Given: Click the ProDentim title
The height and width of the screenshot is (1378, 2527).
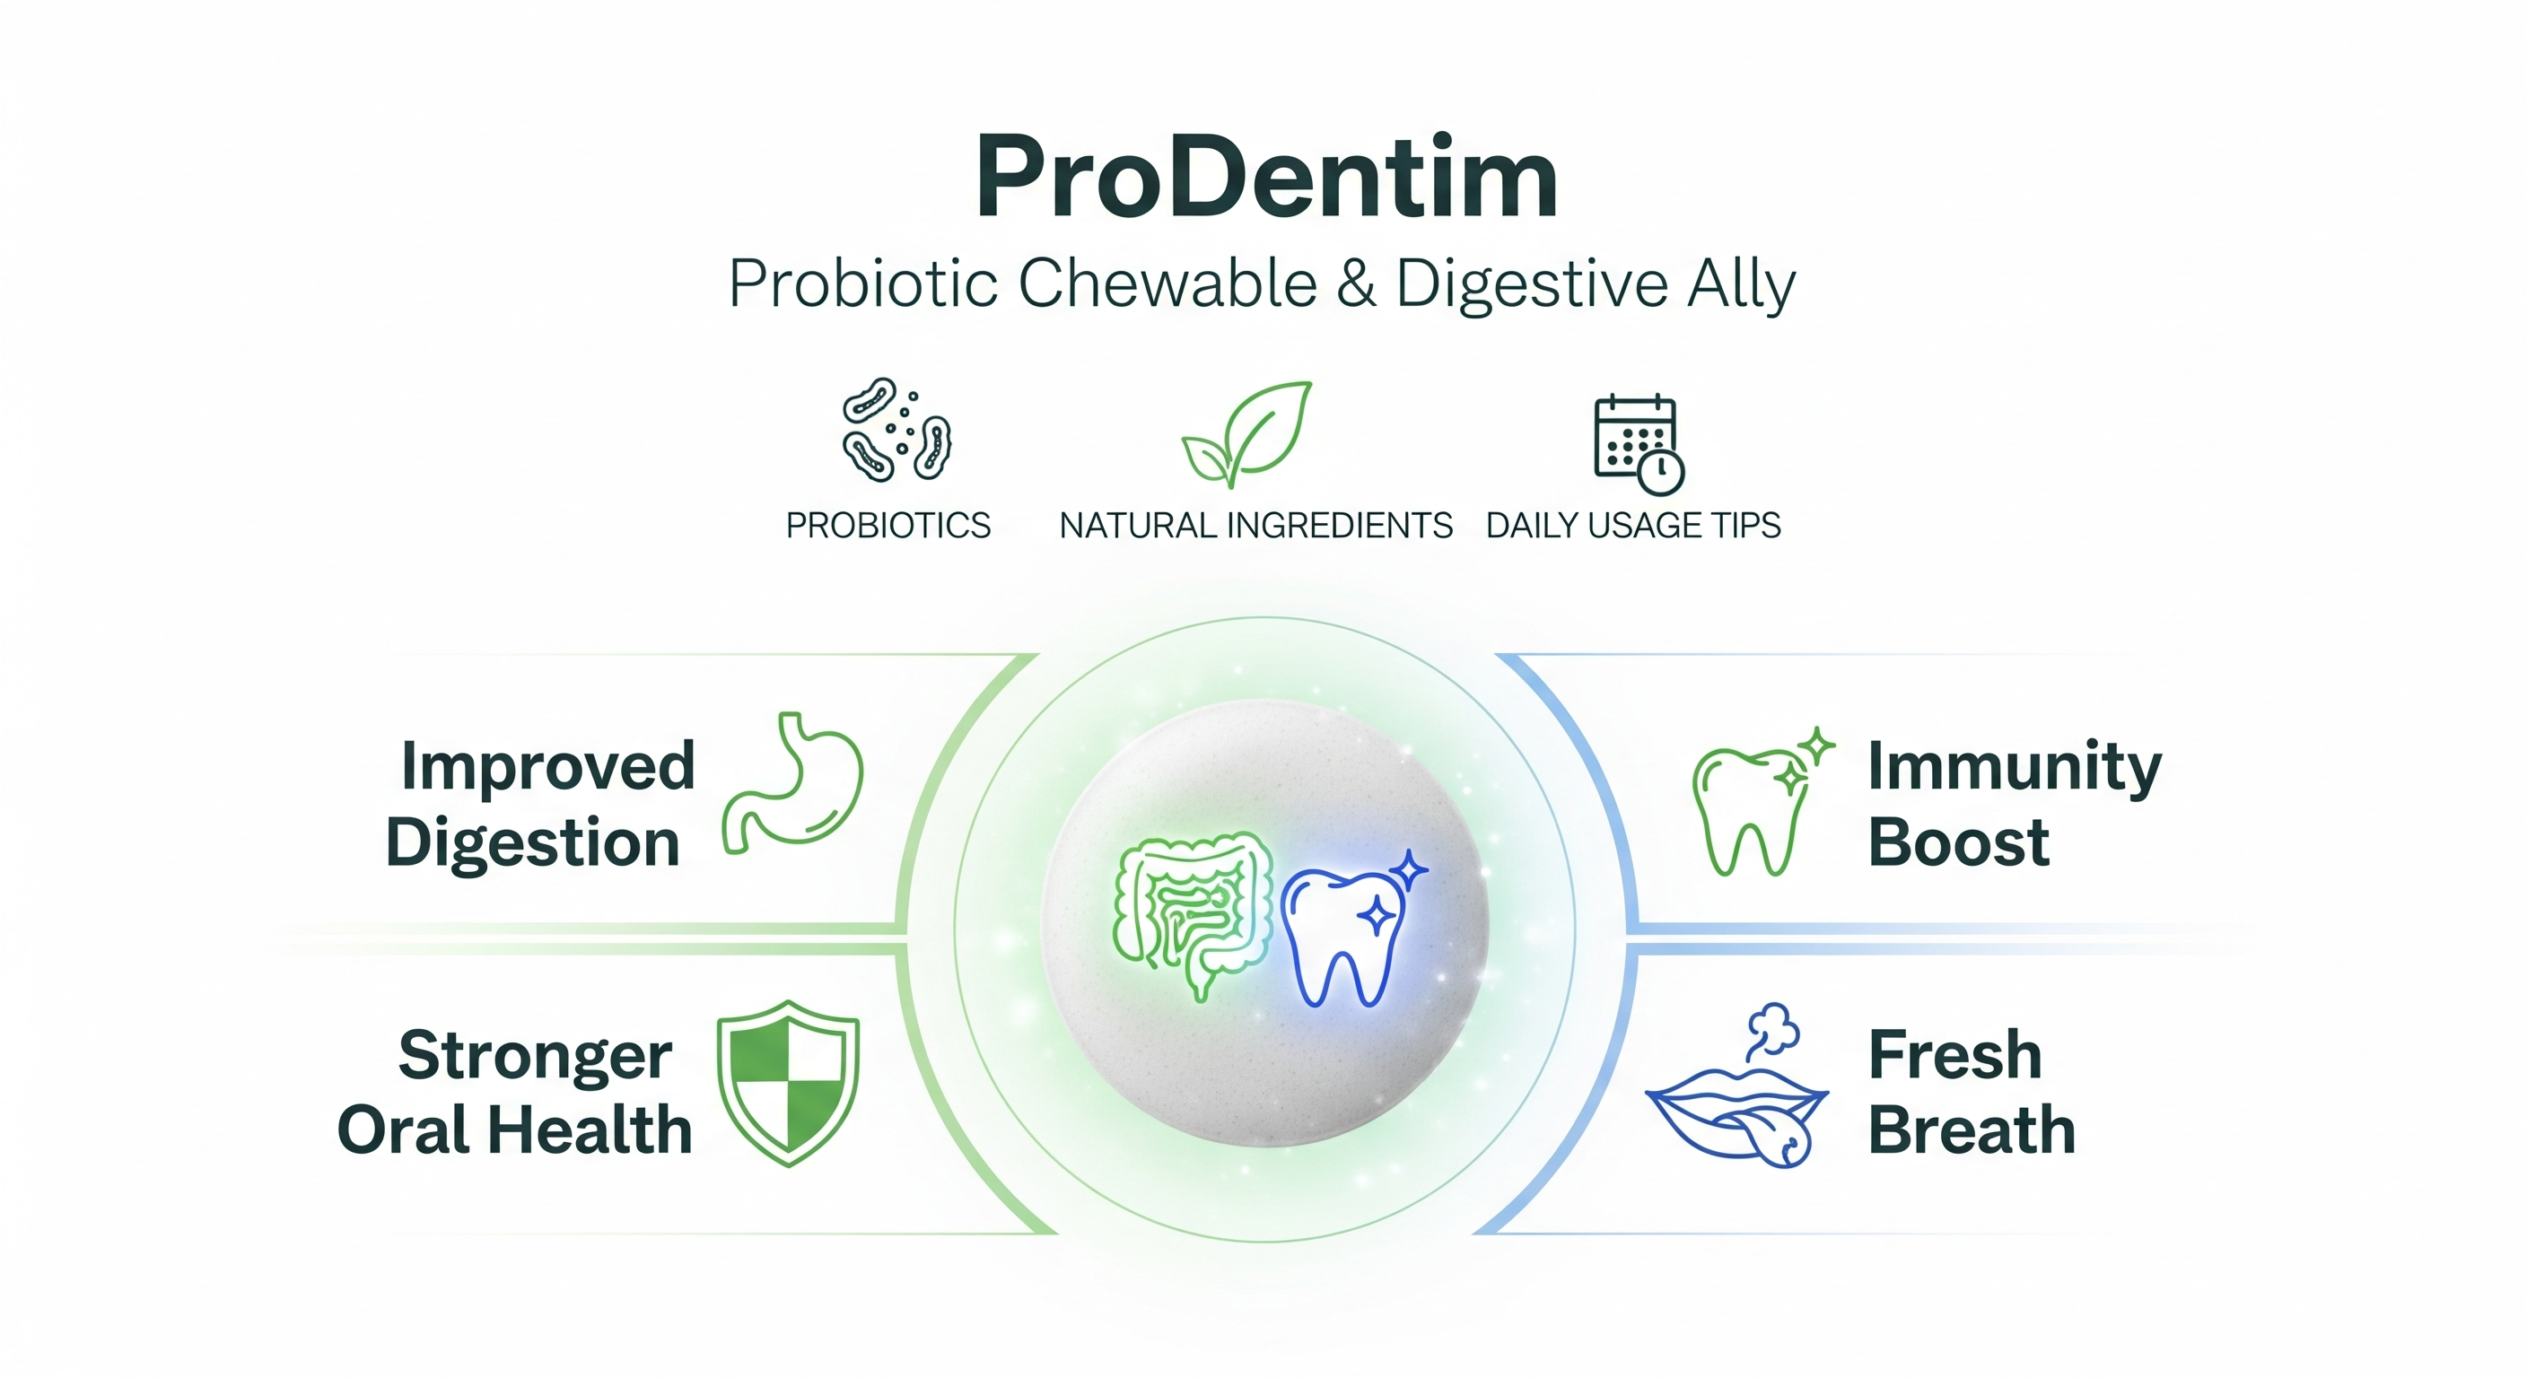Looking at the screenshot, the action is point(1265,177).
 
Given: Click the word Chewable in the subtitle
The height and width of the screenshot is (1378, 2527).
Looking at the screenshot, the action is point(1167,284).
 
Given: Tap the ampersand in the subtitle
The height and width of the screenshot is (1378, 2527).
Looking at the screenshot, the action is point(1355,284).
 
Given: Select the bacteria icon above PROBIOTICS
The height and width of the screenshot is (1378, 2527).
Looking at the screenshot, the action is point(896,430).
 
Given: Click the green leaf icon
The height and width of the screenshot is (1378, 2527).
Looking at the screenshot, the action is point(1246,434).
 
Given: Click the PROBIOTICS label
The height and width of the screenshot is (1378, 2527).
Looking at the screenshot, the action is point(888,526).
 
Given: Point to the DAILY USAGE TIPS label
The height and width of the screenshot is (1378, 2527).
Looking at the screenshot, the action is point(1633,526).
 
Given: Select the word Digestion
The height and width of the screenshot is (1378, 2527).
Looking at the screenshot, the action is point(533,844).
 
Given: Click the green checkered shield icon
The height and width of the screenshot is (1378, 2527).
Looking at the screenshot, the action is point(789,1083).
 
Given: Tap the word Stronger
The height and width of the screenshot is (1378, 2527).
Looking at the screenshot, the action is point(536,1055).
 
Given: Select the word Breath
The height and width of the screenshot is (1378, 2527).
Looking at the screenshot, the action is point(1972,1129).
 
